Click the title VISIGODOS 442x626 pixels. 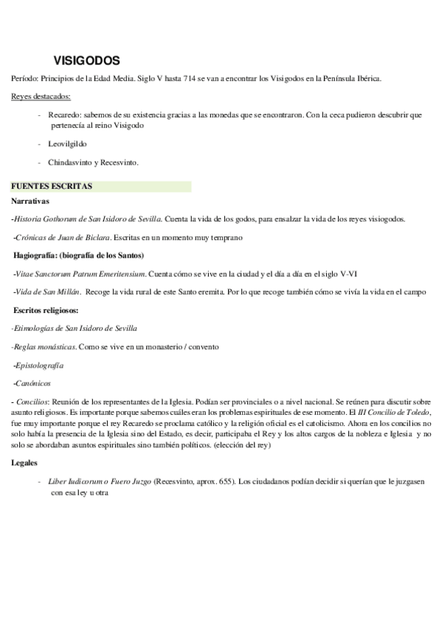click(x=87, y=61)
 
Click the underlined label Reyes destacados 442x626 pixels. click(x=42, y=97)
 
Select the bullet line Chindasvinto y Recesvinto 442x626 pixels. click(x=94, y=162)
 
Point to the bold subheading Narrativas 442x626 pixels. click(x=30, y=200)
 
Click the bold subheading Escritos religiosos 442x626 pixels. click(x=46, y=310)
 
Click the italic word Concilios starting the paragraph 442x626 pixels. click(x=32, y=400)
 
